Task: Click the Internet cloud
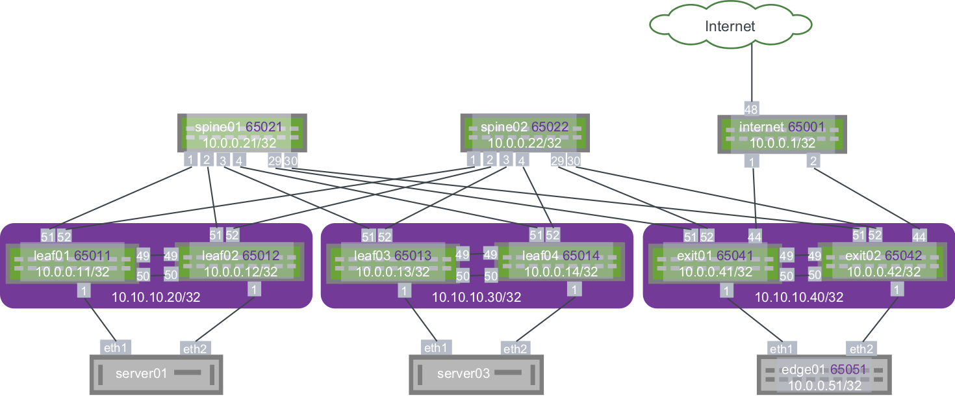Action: click(x=730, y=27)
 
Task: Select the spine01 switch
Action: click(x=242, y=134)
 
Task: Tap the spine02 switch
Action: click(x=524, y=134)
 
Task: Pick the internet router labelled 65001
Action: click(x=782, y=135)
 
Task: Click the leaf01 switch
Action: click(x=71, y=263)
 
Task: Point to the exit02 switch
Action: click(x=881, y=263)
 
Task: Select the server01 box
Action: click(x=156, y=374)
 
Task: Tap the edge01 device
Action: click(x=824, y=374)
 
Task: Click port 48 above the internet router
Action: click(x=752, y=109)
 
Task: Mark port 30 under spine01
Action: click(x=290, y=161)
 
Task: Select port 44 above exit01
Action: click(x=754, y=236)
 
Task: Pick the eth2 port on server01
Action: click(x=194, y=349)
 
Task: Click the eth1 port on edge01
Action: click(x=781, y=348)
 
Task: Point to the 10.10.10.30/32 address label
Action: click(x=477, y=298)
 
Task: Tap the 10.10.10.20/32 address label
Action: click(x=156, y=298)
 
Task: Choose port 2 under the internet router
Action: click(x=812, y=161)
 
